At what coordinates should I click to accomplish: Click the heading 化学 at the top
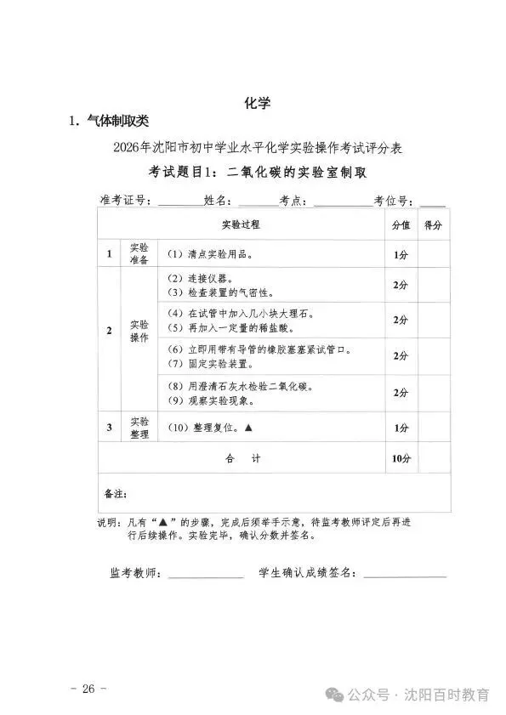point(257,105)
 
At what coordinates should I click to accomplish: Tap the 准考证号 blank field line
point(179,202)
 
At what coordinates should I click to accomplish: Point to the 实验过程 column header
point(241,225)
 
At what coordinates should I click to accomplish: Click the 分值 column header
point(401,225)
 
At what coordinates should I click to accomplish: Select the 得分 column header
point(434,225)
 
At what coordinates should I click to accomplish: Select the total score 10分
point(401,458)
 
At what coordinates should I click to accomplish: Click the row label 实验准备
point(139,254)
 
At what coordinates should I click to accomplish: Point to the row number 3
point(109,427)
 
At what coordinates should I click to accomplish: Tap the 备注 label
point(115,493)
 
